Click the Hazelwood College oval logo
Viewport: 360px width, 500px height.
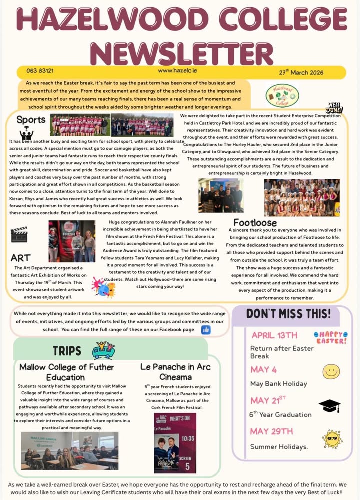coord(282,95)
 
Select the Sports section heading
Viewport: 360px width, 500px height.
coord(31,120)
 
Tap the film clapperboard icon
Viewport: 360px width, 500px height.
coord(19,234)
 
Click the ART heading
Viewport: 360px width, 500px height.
coord(21,258)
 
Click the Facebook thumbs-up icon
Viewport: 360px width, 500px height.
coord(206,330)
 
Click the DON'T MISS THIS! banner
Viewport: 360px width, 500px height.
coord(288,314)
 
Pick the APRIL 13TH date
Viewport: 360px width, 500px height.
coord(274,335)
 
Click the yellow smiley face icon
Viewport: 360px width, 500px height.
coord(331,371)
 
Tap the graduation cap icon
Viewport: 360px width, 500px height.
coord(330,405)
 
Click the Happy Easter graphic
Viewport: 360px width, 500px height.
coord(330,337)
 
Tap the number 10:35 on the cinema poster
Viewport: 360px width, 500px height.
coord(188,438)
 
